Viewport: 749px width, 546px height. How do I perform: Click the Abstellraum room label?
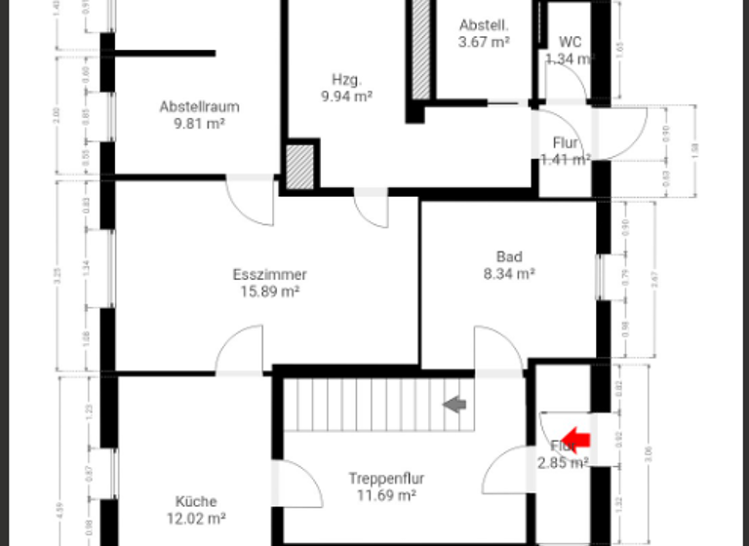pos(199,107)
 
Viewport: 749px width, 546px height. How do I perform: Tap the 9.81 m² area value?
pos(199,124)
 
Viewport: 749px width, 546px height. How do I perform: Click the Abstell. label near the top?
pos(485,25)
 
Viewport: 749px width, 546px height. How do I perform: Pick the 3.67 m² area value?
pos(485,42)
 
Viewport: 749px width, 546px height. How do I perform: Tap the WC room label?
pos(571,42)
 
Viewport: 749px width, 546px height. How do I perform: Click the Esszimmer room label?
pos(270,275)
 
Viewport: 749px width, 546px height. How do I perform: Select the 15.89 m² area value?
pos(270,292)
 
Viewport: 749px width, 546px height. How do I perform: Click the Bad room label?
pos(509,257)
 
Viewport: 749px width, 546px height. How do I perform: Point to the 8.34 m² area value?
pos(509,274)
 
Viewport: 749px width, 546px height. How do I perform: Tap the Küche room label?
pos(197,502)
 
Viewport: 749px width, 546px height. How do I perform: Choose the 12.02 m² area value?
pos(197,519)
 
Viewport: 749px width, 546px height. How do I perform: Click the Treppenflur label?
pos(386,479)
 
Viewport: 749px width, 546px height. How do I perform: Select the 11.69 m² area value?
pos(386,495)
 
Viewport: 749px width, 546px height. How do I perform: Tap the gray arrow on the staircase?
pos(454,404)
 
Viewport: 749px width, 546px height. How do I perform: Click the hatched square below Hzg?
pos(300,166)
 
